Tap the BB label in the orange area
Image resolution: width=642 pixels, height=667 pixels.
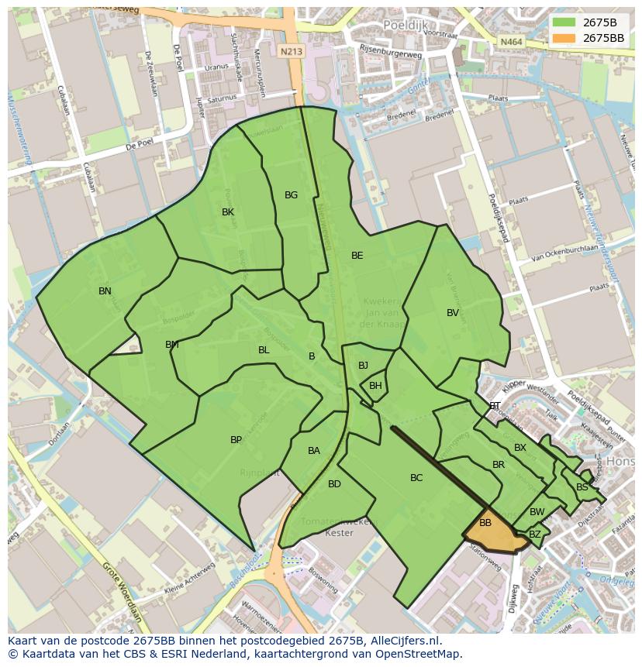(485, 523)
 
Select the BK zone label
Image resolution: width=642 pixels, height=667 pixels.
(228, 212)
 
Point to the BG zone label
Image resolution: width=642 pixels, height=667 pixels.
(291, 195)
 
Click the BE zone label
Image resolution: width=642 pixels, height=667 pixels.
(357, 256)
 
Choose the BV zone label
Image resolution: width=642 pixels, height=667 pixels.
(453, 313)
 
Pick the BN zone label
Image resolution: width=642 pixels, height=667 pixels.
(105, 291)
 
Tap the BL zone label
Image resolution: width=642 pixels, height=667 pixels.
(264, 350)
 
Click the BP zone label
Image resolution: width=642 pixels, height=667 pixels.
(236, 440)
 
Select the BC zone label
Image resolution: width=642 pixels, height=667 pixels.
(416, 478)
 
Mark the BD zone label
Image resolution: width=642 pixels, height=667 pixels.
(334, 484)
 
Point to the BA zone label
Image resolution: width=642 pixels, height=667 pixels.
(313, 451)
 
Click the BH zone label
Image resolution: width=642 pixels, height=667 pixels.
(375, 386)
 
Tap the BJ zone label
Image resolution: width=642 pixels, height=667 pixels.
(363, 366)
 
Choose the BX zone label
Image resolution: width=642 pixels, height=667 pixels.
(520, 448)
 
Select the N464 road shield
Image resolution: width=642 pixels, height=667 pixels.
(510, 42)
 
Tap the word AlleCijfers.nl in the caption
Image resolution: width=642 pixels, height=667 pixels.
(404, 641)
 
